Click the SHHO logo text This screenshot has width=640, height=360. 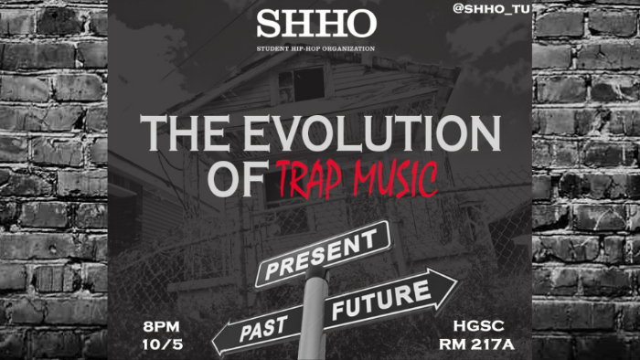(x=315, y=24)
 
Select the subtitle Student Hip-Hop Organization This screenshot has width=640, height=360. (x=315, y=47)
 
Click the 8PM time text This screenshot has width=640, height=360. (x=162, y=326)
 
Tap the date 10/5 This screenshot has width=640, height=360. (x=162, y=344)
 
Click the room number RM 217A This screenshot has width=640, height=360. (x=477, y=344)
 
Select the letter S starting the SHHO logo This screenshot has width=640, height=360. (x=267, y=24)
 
